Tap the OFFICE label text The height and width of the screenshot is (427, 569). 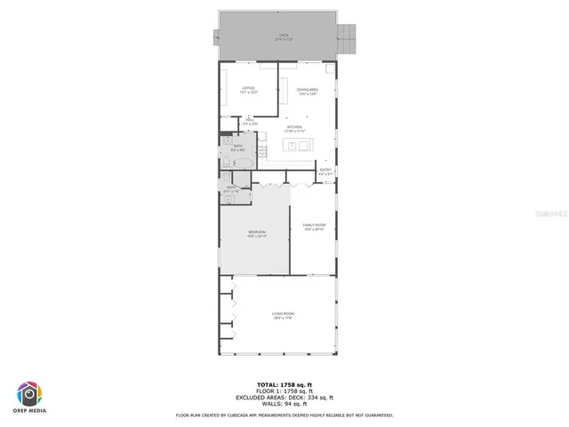(249, 89)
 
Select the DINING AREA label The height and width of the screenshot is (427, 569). (308, 89)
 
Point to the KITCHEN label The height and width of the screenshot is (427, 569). (294, 127)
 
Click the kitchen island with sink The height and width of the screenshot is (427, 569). (297, 145)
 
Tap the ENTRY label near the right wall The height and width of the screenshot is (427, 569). (325, 172)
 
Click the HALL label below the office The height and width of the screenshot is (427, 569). (250, 120)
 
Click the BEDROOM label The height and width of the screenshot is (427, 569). (256, 233)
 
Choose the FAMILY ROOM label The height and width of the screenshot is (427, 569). (314, 227)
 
